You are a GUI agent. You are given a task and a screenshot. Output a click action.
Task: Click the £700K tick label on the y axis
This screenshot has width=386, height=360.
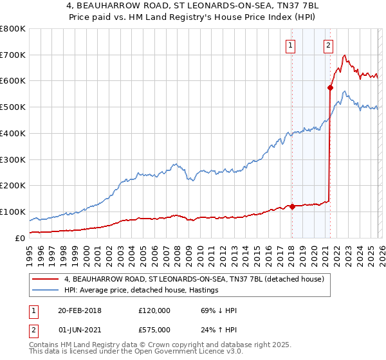point(12,55)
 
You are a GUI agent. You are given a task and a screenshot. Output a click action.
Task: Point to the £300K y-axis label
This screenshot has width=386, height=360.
point(12,159)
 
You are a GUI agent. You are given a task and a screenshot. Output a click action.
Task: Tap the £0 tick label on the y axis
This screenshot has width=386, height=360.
point(19,238)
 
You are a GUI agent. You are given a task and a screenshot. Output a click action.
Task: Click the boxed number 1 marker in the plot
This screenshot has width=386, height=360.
point(291,45)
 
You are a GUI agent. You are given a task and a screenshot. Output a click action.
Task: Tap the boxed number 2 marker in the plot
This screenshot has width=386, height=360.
point(329,45)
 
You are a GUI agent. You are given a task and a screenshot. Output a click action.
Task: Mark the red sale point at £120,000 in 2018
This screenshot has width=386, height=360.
point(291,206)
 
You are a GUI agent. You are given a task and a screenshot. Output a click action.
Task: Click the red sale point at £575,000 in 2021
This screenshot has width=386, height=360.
point(330,87)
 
